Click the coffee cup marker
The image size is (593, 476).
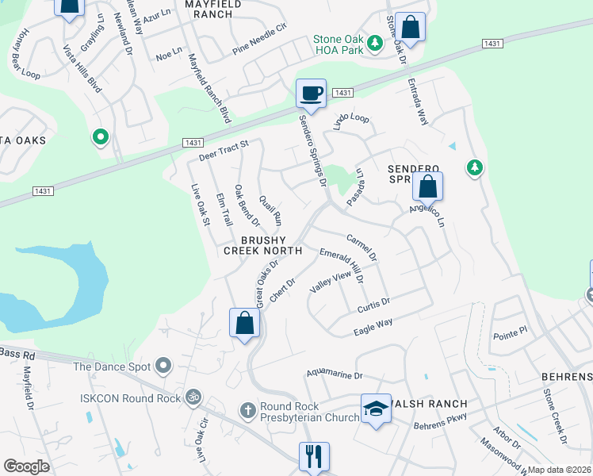click(x=311, y=94)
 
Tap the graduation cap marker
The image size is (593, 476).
click(x=377, y=409)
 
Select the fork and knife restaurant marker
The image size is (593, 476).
click(x=314, y=456)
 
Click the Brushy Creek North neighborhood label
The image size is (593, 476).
click(x=263, y=245)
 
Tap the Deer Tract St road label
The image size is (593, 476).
click(x=224, y=149)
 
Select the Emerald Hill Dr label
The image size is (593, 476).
click(x=342, y=264)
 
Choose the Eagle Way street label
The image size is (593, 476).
click(x=373, y=324)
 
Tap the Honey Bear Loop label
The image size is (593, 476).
click(x=29, y=63)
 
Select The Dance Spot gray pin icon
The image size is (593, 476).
click(x=164, y=366)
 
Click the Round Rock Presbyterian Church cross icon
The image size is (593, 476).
click(x=248, y=411)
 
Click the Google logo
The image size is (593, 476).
click(x=26, y=466)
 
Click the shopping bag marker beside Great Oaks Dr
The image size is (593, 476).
click(x=244, y=324)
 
